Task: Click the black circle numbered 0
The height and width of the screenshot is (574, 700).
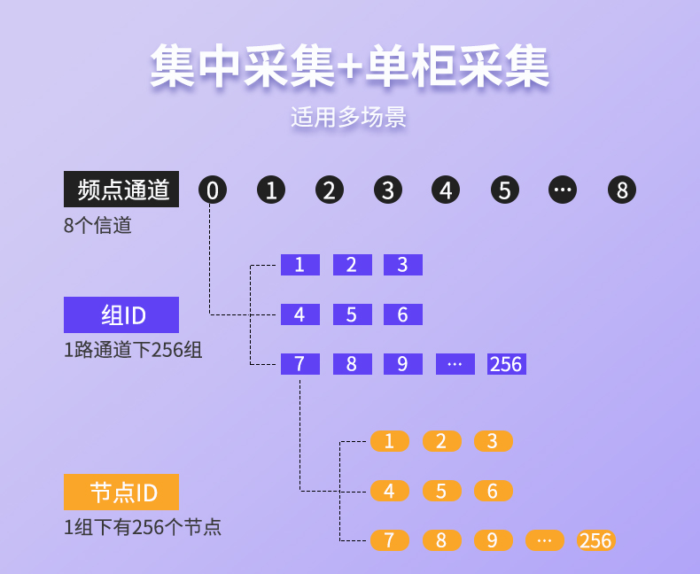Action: pos(213,190)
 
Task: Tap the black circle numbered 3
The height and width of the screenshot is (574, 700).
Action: pos(388,190)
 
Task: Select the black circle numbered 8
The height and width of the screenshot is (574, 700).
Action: pos(622,190)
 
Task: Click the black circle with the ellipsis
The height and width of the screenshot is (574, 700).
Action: pos(563,190)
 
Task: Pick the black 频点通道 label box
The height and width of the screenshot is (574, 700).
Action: pos(121,189)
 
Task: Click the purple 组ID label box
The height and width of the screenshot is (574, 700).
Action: pos(121,314)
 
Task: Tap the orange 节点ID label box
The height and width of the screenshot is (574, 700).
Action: pos(121,492)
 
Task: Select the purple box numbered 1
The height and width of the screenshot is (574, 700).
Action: pos(300,265)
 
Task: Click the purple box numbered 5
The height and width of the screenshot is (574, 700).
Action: pos(353,314)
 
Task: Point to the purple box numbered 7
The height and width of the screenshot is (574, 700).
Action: pos(300,364)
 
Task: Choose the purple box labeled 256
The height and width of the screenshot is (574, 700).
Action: pos(507,364)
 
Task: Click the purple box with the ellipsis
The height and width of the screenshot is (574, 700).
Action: pos(455,364)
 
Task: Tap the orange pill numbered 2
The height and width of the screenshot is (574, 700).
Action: pos(442,441)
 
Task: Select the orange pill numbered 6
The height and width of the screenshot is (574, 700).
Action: pos(494,491)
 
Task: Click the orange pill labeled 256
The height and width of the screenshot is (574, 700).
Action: pos(596,540)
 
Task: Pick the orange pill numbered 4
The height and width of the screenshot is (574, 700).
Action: pos(390,491)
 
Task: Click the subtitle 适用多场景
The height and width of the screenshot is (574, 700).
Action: pos(348,118)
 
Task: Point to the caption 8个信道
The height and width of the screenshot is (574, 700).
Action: pos(97,225)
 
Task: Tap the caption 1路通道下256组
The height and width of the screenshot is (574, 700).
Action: pos(133,350)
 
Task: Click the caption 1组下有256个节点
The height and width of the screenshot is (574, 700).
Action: pos(143,527)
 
